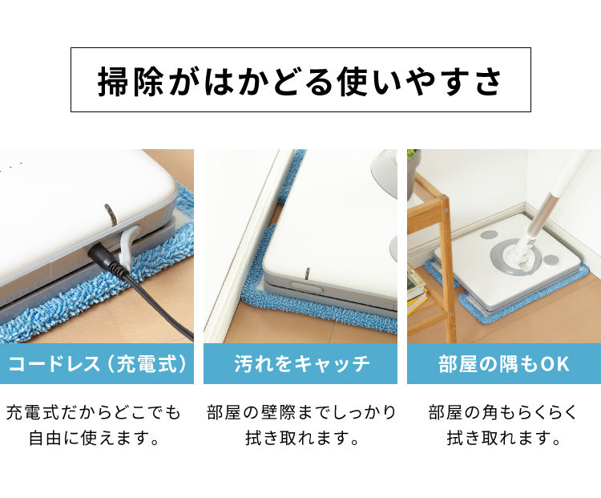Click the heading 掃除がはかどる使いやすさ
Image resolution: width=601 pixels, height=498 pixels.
point(300,81)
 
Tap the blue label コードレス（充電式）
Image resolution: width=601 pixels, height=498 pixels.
point(97,364)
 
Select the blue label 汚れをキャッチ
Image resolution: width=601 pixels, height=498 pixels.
point(300,364)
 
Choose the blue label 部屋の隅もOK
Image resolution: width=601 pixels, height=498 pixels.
point(504,364)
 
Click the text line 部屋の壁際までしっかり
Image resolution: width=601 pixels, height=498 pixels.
point(300,413)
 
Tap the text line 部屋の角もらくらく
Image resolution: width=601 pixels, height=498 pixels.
point(504,413)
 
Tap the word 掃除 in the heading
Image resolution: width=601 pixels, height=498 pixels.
point(120,81)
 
